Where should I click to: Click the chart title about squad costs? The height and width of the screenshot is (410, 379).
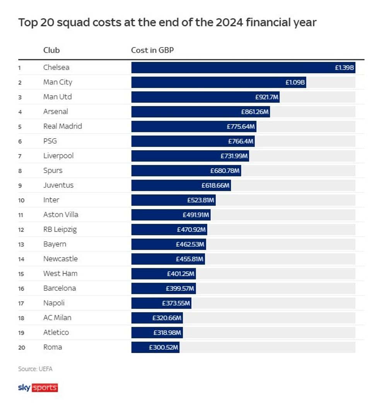(167, 22)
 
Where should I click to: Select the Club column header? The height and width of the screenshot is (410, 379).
(51, 50)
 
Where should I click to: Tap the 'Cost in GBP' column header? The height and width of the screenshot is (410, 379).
(152, 50)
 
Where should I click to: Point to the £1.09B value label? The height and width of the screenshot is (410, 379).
(295, 82)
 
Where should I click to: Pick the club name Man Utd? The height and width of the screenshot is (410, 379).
(57, 97)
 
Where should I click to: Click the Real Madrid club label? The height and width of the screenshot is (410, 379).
(62, 126)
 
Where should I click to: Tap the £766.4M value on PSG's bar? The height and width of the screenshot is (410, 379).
(241, 141)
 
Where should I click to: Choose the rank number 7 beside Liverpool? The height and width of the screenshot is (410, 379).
(20, 156)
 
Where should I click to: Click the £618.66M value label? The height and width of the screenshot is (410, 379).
(215, 185)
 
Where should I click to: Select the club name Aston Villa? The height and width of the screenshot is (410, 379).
(61, 214)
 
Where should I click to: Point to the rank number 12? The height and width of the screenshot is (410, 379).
(21, 230)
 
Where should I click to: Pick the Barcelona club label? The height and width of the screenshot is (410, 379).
(60, 288)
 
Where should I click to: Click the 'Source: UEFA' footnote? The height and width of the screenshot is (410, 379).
(35, 369)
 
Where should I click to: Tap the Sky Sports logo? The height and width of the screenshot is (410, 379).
(38, 388)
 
